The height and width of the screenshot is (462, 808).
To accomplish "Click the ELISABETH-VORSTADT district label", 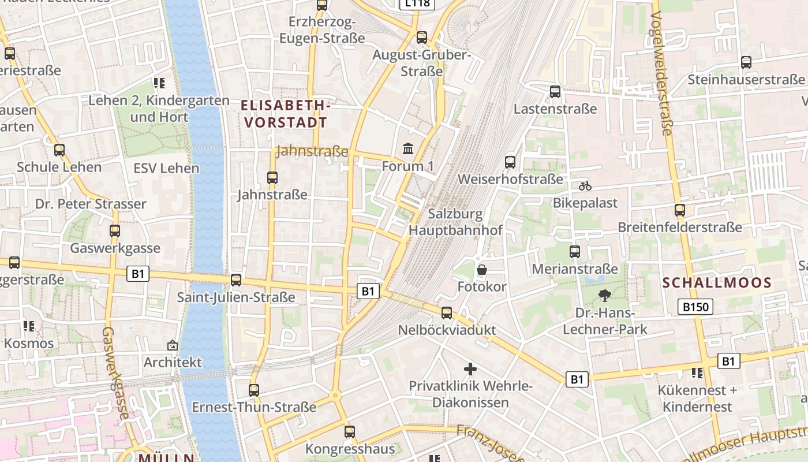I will coord(286,114).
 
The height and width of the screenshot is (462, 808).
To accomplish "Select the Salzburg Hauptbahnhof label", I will coord(456,222).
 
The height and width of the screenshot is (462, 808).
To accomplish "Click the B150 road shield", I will coord(697,307).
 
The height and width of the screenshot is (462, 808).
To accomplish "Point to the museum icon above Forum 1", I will coord(408,149).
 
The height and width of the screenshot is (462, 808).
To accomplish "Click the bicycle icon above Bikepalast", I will coord(585,186).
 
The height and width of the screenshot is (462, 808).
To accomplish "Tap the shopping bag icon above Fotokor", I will coord(482,270).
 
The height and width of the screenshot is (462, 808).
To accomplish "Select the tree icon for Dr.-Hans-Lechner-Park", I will coord(605,296).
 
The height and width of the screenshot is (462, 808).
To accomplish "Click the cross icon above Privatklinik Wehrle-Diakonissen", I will coord(470,368).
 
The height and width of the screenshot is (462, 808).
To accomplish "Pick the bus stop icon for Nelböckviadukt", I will coord(447,313).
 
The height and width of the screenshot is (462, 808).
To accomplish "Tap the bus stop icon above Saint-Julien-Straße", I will coord(236,280).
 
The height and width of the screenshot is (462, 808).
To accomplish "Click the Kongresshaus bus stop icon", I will coord(350,431).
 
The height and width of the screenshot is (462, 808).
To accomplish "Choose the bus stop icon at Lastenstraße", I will coord(555,91).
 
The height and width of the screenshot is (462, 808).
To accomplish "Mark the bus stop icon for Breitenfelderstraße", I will coord(680,210).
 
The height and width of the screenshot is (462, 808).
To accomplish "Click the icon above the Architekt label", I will coord(172,345).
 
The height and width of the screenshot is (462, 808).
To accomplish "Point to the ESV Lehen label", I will coord(166,169).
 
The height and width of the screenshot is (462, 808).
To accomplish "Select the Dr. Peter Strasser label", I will coord(91,204).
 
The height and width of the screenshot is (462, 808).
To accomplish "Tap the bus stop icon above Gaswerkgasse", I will coord(115,231).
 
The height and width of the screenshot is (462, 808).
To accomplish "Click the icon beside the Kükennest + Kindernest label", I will coord(697,373).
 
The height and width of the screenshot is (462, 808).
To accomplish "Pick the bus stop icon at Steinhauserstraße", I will coord(746,62).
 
